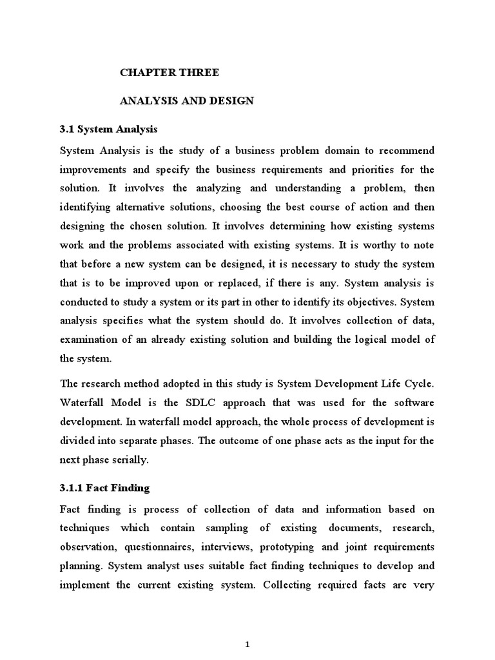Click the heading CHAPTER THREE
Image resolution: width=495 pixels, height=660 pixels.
tap(170, 73)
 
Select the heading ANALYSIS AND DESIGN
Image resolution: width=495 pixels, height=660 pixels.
tap(187, 101)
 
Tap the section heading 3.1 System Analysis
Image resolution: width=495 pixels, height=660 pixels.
tap(108, 129)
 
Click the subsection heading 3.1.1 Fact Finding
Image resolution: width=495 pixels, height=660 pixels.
tap(104, 488)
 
